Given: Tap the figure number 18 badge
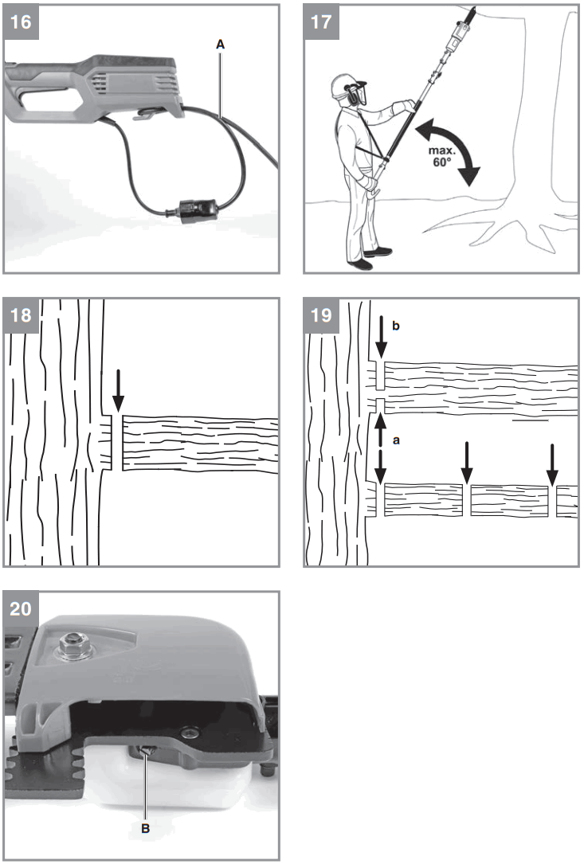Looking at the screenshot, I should pos(21,315).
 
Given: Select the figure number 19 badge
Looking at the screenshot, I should pos(322,315).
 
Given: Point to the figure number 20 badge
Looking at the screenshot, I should pos(21,608).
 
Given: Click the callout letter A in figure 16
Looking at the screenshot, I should pos(220,47).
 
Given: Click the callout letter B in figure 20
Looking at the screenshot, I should pos(145,828).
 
